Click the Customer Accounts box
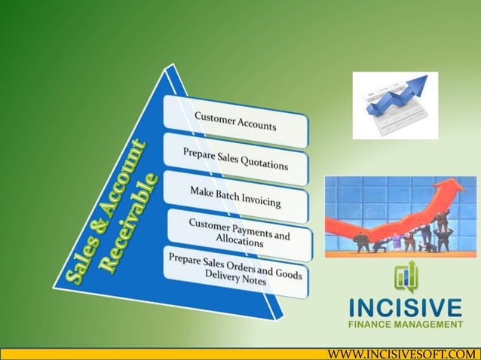point(236,121)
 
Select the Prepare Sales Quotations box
point(235,159)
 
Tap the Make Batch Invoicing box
point(235,196)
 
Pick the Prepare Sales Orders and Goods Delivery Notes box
point(234,269)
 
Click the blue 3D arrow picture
point(395,105)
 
